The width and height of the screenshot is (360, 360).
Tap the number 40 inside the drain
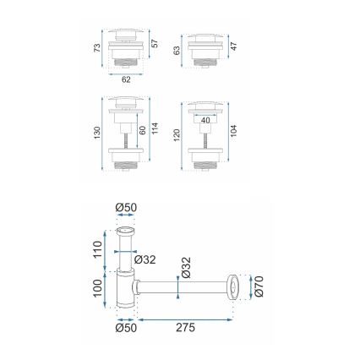205,120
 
